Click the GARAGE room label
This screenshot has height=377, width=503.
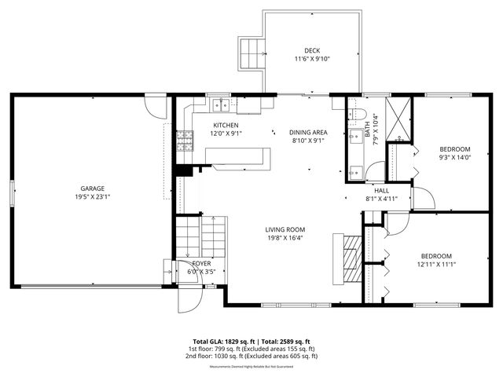92,188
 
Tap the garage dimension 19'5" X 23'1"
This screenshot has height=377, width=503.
92,198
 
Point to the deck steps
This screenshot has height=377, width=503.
251,52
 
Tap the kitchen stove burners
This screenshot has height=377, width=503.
186,141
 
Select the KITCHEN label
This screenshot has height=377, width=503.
226,125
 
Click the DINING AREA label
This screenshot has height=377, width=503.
309,132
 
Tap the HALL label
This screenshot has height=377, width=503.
381,190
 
